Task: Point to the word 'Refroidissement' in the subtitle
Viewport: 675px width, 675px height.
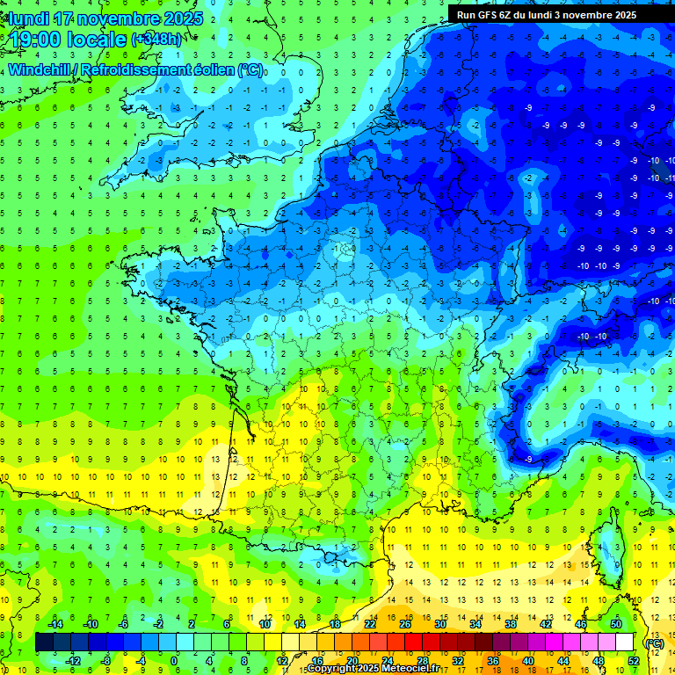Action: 137,70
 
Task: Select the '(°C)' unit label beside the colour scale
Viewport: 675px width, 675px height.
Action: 655,642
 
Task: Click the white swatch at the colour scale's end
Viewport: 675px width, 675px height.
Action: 625,642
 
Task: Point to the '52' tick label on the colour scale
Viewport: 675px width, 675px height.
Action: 634,661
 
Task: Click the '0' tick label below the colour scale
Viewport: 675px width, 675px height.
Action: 174,661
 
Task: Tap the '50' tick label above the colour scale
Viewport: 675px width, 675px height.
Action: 616,623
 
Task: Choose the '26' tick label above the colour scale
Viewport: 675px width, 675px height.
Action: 405,623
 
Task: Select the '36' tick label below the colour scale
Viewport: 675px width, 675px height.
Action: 493,661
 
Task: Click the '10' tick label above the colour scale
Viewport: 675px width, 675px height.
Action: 265,623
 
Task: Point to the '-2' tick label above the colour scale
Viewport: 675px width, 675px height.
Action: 159,623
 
